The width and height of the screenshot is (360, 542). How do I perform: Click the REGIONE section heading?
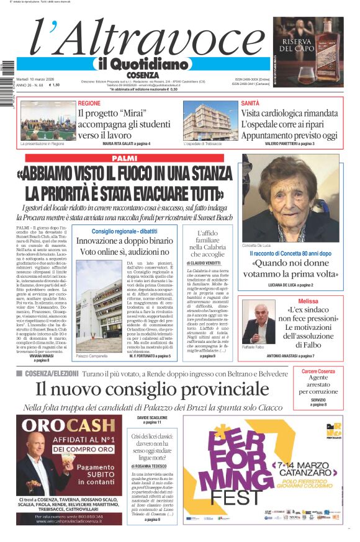click(89, 103)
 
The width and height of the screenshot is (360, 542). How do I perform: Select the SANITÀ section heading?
click(250, 103)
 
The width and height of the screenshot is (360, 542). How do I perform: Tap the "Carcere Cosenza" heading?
click(318, 371)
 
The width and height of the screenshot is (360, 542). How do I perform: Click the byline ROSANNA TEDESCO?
click(154, 466)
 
